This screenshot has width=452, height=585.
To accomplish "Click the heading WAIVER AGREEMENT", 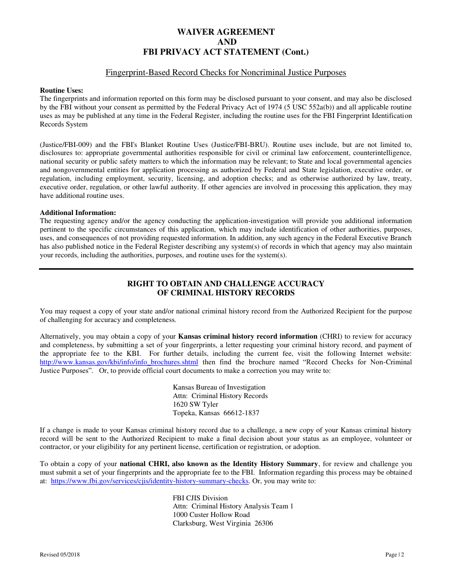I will click(x=226, y=32).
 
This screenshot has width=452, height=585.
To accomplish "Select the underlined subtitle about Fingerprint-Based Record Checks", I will click(x=226, y=73).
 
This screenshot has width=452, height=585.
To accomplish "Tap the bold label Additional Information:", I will click(x=78, y=213).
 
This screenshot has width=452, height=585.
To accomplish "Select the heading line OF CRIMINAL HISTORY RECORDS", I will click(x=226, y=293).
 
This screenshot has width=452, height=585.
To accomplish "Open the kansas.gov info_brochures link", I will click(x=119, y=362).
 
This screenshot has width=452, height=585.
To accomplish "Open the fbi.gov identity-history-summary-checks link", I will click(x=150, y=481).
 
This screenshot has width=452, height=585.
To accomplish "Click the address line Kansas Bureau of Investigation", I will click(x=219, y=388).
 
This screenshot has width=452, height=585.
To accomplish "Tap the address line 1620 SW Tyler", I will click(x=196, y=405).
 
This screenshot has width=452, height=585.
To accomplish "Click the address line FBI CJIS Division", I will click(x=200, y=498).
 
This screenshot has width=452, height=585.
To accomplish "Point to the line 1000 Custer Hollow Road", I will click(x=211, y=515).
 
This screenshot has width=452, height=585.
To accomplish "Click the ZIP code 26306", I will click(x=264, y=524).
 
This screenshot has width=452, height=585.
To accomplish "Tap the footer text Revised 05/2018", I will click(x=56, y=555).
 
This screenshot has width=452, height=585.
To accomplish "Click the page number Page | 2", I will click(x=394, y=555).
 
